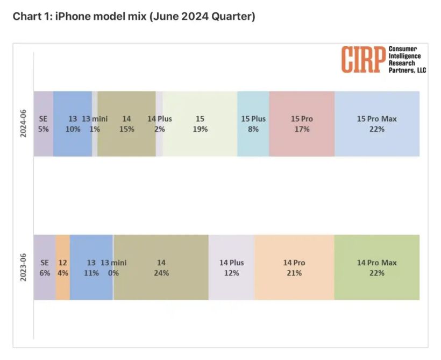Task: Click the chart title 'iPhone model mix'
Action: click(134, 17)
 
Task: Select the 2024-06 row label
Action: click(24, 124)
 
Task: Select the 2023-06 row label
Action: click(24, 267)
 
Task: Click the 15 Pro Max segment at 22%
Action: click(376, 124)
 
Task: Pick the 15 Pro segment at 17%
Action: click(302, 124)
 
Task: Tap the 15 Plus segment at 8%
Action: click(253, 124)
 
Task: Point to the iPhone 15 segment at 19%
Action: click(200, 124)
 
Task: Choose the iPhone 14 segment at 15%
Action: click(126, 124)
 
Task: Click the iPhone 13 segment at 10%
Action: click(73, 124)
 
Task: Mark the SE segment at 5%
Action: click(44, 124)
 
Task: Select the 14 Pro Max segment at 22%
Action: click(376, 267)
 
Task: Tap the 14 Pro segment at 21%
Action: click(294, 267)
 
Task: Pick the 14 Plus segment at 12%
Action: click(231, 267)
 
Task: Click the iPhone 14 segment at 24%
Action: click(161, 267)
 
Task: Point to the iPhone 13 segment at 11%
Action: click(91, 267)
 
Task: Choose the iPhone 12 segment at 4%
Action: click(62, 267)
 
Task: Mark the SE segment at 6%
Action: click(45, 267)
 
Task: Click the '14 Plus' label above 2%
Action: click(160, 118)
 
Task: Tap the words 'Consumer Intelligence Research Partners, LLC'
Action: click(407, 59)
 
